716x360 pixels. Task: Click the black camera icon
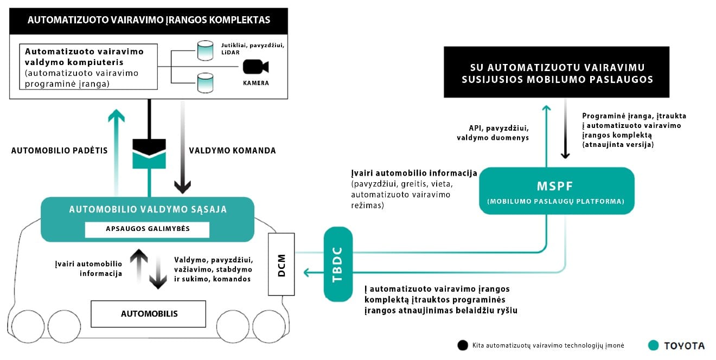(255, 67)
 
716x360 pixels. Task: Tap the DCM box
(282, 264)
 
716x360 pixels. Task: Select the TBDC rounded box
(338, 264)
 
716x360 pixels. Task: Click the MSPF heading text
(554, 186)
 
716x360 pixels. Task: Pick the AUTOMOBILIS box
(148, 314)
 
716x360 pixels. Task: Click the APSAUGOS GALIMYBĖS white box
(148, 229)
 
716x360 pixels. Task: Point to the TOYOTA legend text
(685, 345)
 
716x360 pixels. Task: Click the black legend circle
(463, 345)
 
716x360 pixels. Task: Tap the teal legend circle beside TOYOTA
(653, 345)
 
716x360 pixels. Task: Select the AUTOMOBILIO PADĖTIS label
(60, 151)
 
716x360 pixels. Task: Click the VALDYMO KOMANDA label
(232, 151)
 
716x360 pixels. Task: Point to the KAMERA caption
(255, 83)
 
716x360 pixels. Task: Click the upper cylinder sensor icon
(205, 50)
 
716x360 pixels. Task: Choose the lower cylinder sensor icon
(205, 83)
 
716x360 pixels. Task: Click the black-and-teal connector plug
(149, 153)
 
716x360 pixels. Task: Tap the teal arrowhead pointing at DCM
(307, 273)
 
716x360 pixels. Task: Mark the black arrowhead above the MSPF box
(565, 155)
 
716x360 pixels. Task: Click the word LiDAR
(230, 53)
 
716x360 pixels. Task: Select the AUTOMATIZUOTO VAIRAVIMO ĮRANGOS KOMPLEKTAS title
(149, 20)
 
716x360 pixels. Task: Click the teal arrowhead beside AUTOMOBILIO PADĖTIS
(116, 115)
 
